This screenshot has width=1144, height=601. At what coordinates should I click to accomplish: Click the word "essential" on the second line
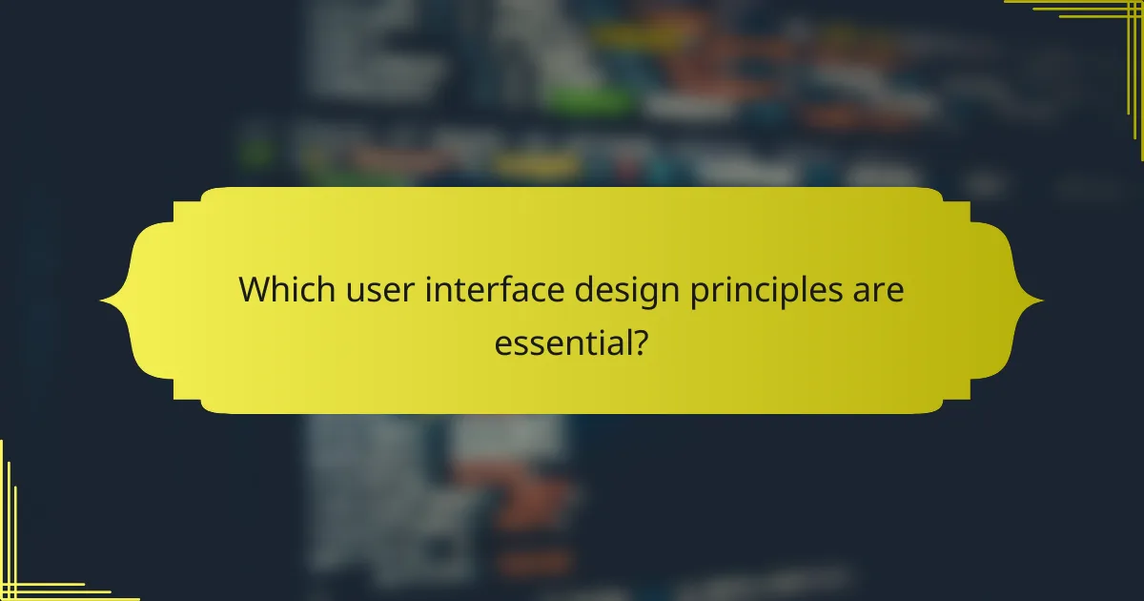click(562, 342)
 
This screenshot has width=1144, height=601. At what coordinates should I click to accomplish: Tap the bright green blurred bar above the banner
click(592, 99)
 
